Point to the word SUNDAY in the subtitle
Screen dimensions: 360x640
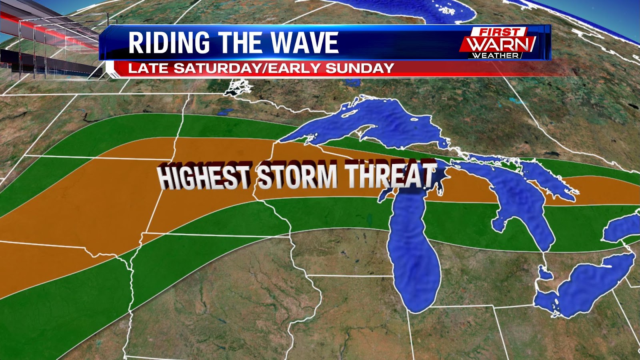pos(360,68)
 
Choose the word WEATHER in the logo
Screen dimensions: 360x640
pos(495,55)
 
